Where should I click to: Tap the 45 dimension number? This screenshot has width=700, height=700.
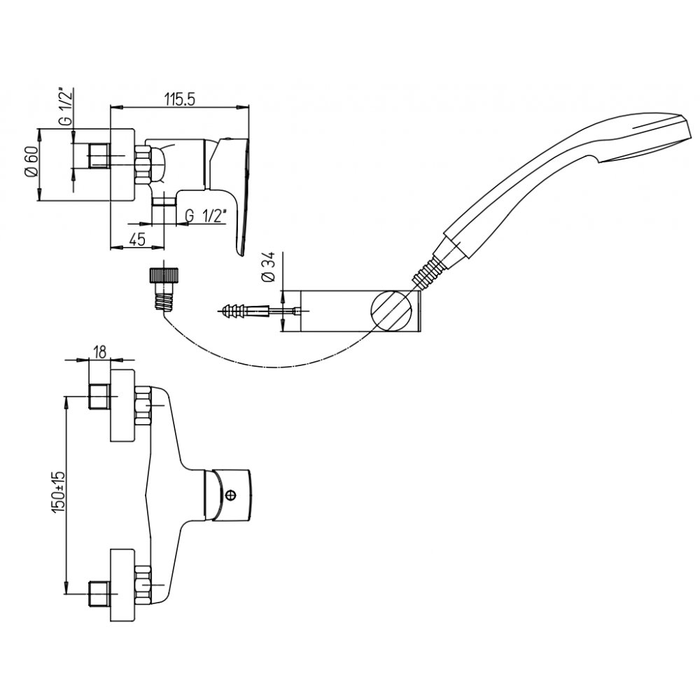tap(137, 239)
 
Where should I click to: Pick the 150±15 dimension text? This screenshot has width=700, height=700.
tap(59, 494)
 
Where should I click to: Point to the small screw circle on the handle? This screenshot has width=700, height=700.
tap(232, 495)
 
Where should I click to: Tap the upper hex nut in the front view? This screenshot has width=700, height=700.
tap(144, 407)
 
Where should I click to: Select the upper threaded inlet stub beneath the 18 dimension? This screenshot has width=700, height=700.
tap(99, 397)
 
